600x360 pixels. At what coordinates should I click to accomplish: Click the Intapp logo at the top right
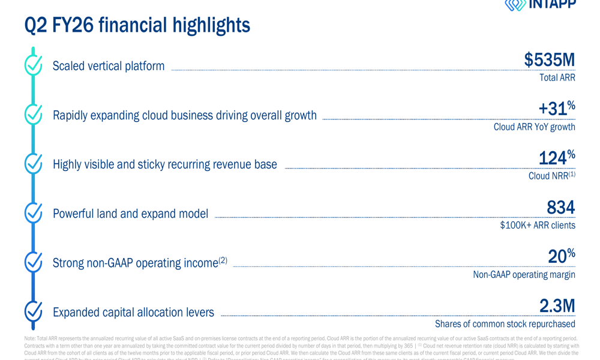click(540, 5)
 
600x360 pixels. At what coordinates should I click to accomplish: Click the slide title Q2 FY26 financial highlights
click(137, 25)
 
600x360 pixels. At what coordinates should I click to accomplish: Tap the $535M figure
click(549, 60)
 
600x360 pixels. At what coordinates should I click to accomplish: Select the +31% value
click(556, 109)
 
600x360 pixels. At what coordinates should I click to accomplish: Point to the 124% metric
click(556, 158)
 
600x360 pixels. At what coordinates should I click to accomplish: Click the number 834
click(560, 208)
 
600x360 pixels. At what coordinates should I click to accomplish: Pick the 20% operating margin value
click(561, 257)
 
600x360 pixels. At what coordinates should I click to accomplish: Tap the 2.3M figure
click(557, 306)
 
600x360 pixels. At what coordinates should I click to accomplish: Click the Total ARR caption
click(557, 77)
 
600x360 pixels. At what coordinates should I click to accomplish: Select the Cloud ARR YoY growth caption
click(534, 127)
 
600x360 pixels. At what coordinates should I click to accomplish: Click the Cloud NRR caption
click(551, 176)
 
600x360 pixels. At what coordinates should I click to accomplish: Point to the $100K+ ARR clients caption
click(537, 225)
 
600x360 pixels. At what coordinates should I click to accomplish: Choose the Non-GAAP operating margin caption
click(524, 274)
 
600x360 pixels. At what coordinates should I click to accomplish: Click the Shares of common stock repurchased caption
click(505, 324)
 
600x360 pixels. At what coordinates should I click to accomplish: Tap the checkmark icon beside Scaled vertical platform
click(34, 65)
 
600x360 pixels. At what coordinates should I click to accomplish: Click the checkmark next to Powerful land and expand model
click(34, 212)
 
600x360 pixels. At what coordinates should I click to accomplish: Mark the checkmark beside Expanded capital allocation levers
click(34, 311)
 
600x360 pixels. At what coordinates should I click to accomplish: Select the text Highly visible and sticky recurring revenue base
click(164, 164)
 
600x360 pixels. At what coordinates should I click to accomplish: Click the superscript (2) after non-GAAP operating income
click(223, 260)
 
